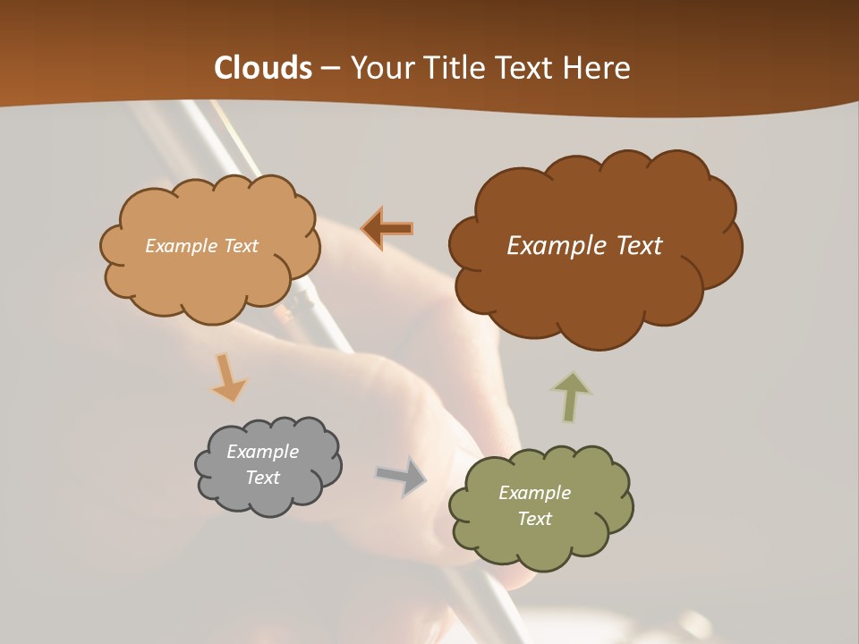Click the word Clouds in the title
(x=263, y=68)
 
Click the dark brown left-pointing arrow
(x=388, y=228)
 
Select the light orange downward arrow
(x=228, y=377)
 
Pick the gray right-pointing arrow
(x=401, y=476)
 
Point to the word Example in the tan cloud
(x=179, y=246)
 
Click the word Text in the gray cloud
(x=263, y=478)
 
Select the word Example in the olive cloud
(x=534, y=493)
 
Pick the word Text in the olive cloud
(x=534, y=519)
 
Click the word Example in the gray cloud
(x=263, y=452)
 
